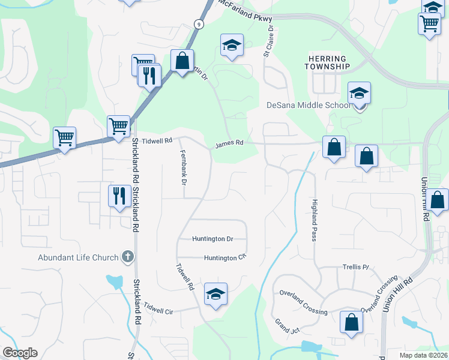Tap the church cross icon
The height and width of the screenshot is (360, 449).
(x=127, y=257)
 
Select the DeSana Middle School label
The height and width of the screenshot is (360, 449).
(x=308, y=106)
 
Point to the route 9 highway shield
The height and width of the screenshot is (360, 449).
(x=197, y=23)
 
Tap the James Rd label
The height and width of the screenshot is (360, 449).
(x=229, y=143)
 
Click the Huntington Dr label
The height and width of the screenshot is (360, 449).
(x=212, y=238)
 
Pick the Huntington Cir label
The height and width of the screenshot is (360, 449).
(x=225, y=257)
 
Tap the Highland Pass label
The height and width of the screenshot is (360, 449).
(x=314, y=220)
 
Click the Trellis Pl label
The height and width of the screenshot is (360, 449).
(x=355, y=266)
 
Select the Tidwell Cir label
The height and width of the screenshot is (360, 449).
(x=158, y=311)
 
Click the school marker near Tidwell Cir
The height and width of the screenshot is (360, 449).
(x=215, y=294)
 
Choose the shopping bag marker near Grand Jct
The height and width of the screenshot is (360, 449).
(x=351, y=322)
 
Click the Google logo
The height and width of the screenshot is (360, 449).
(x=20, y=353)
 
